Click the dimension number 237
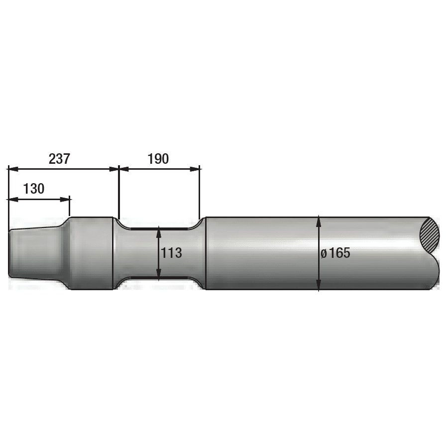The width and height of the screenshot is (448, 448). (59, 159)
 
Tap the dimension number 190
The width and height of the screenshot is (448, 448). (158, 159)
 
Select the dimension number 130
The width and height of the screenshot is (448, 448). (34, 189)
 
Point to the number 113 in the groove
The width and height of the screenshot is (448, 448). (171, 253)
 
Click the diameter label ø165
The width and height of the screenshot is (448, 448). (336, 253)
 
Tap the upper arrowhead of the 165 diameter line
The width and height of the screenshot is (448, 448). (319, 222)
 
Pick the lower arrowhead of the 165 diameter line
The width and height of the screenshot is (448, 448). (319, 285)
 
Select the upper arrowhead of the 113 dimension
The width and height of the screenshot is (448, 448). (159, 232)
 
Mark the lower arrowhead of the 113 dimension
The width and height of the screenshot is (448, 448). (159, 273)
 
